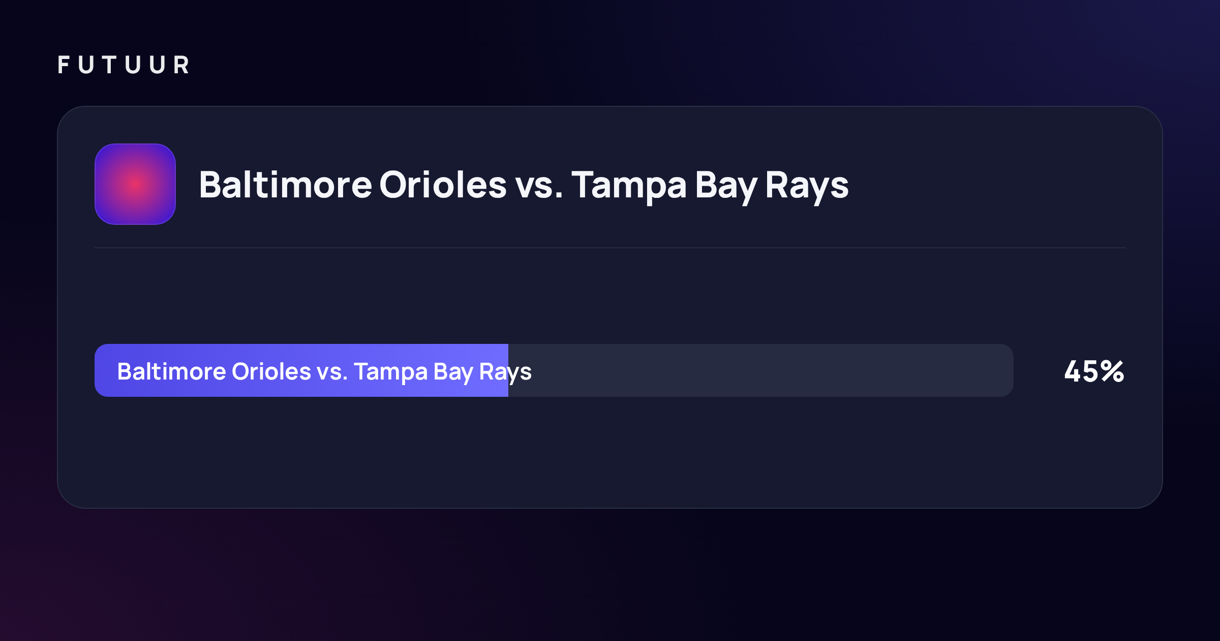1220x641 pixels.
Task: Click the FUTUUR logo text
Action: click(124, 65)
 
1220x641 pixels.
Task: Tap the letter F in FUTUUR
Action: click(64, 65)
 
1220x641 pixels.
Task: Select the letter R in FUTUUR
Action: click(181, 65)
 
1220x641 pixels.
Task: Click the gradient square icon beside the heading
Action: click(135, 184)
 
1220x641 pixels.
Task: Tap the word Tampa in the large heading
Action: click(629, 187)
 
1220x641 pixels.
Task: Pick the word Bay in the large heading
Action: click(726, 187)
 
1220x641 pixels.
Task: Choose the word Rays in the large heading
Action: click(807, 187)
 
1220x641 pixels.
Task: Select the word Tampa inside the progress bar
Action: click(391, 373)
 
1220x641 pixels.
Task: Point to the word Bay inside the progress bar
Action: click(453, 373)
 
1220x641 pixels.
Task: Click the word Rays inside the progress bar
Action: click(505, 373)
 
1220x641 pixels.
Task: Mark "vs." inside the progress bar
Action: click(332, 373)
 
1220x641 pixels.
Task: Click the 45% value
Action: click(1094, 371)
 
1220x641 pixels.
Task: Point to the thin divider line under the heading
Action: click(610, 248)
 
